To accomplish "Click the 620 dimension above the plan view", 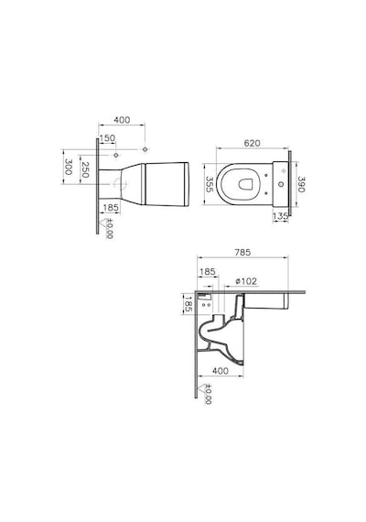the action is [x=252, y=143].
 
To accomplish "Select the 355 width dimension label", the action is [x=209, y=184].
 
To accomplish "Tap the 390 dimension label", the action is [x=300, y=184].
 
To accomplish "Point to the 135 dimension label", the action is [x=280, y=216].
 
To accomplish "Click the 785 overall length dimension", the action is [x=242, y=253].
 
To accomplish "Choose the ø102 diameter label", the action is [x=246, y=281].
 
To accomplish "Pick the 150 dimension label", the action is [x=107, y=137].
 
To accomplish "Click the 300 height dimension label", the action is [x=69, y=167].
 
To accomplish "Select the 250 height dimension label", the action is [x=85, y=169].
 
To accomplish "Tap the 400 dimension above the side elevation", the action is [x=122, y=120].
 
